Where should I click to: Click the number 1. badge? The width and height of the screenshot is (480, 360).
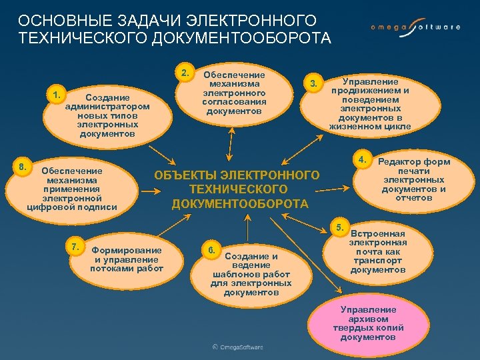[x=57, y=95]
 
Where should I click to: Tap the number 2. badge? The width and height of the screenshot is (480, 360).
[x=185, y=71]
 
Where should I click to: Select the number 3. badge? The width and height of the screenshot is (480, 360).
[x=313, y=83]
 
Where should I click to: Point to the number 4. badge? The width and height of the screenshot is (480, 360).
[x=362, y=159]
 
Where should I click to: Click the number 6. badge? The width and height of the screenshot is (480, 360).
[x=211, y=250]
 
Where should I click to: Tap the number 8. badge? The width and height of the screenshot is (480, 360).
[x=23, y=165]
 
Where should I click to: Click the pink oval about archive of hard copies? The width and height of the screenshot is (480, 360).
[x=368, y=323]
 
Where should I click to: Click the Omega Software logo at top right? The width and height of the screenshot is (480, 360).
[x=415, y=27]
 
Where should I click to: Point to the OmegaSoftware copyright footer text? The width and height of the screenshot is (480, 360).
[x=238, y=347]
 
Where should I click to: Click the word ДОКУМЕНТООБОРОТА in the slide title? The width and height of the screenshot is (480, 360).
[x=241, y=38]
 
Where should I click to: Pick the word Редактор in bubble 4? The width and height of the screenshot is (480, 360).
[x=402, y=162]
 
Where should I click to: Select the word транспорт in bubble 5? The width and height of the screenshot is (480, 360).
[x=378, y=261]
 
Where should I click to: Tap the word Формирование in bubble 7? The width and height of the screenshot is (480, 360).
[x=127, y=250]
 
